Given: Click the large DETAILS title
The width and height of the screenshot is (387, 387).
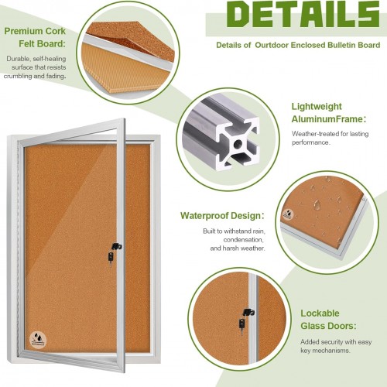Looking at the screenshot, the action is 303,14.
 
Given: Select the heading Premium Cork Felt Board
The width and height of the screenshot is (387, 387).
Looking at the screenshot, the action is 35,37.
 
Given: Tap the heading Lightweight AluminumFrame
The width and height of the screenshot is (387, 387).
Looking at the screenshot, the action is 328,113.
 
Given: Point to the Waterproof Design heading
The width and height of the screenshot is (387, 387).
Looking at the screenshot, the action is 222,216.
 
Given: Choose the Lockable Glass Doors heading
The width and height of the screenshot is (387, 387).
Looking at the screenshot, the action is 328,320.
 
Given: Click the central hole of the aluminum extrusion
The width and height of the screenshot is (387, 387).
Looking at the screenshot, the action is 238,144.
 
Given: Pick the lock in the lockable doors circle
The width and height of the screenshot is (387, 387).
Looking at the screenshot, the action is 247,319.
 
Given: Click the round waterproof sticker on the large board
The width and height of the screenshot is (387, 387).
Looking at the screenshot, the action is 38,339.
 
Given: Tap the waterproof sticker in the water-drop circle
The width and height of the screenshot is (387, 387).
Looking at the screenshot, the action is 288,214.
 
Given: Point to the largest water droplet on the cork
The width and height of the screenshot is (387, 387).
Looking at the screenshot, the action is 317,204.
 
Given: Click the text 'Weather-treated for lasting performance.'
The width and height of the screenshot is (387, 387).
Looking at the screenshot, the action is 330,138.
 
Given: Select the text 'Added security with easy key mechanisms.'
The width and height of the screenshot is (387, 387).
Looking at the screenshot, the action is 336,346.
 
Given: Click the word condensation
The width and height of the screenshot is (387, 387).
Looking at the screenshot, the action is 243,240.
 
